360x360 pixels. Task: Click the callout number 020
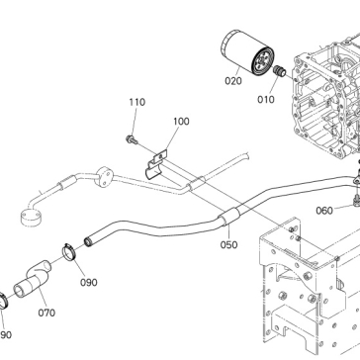coord(233,81)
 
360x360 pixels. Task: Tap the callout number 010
coord(266,99)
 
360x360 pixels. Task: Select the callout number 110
coord(136,102)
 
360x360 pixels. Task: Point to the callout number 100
coord(181,122)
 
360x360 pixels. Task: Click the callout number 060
coord(324,211)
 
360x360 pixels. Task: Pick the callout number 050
coord(228,245)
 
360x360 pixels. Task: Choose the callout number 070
coord(46,313)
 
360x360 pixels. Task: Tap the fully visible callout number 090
coord(89,283)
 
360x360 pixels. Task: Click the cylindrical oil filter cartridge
coord(247,52)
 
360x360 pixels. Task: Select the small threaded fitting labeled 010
coord(279,71)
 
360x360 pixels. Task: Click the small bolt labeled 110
coord(132,140)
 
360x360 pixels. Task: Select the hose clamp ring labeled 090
coord(69,252)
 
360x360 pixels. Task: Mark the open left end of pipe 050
coord(88,242)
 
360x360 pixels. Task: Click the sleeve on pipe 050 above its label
coord(228,217)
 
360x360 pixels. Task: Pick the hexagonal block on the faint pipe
coord(104,177)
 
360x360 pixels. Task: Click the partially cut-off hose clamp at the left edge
coord(4,301)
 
